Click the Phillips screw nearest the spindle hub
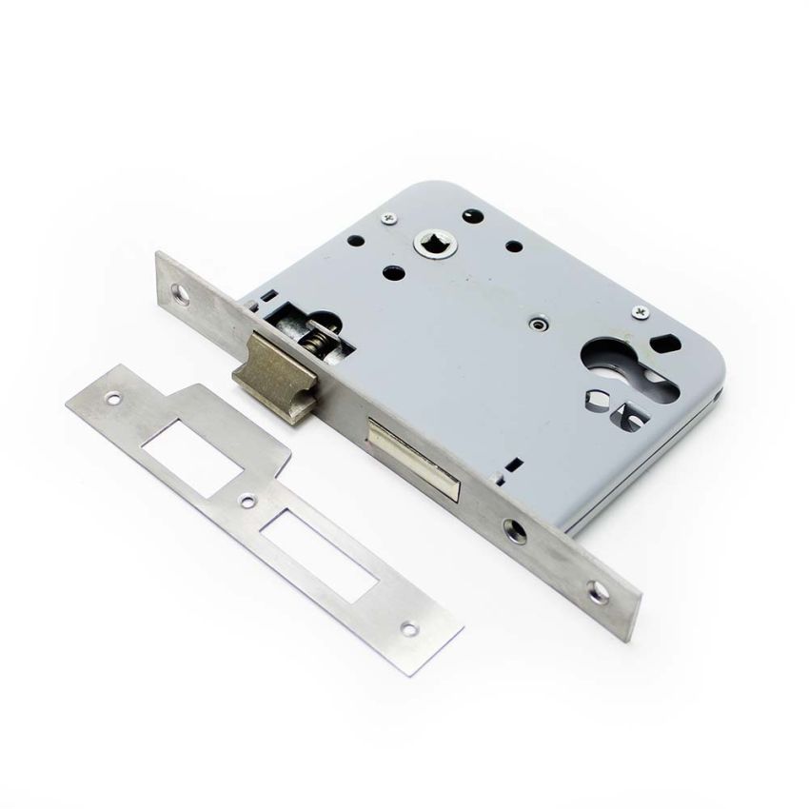(x=391, y=220)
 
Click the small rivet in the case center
(x=540, y=324)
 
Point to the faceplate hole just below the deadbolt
(x=517, y=529)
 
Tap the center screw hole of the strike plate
(x=247, y=500)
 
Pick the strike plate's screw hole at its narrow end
(x=410, y=628)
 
